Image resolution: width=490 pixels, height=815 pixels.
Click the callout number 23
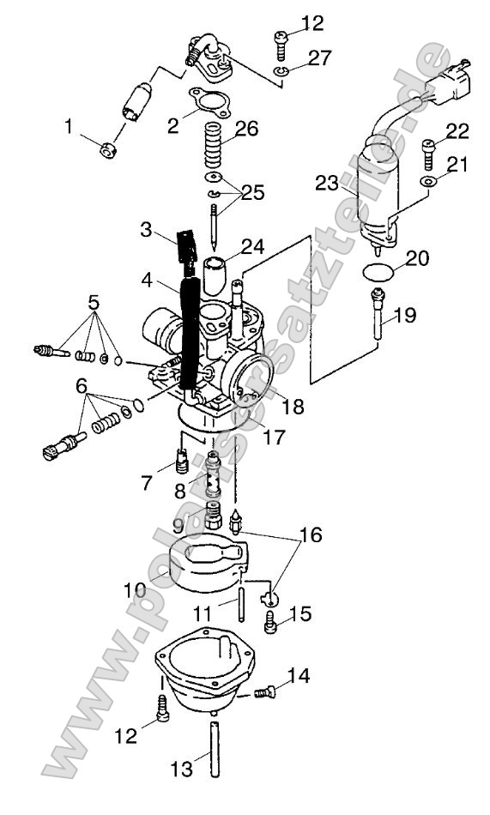pos(327,184)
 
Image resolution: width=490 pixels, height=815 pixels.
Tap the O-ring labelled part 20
pos(377,275)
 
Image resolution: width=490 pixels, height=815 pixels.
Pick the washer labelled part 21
pos(427,184)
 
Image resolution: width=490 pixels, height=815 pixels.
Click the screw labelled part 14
pos(267,691)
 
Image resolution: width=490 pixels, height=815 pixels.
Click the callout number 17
pos(274,437)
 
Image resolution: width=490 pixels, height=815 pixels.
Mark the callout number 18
pos(293,406)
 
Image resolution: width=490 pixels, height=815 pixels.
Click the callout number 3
pos(147,230)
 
